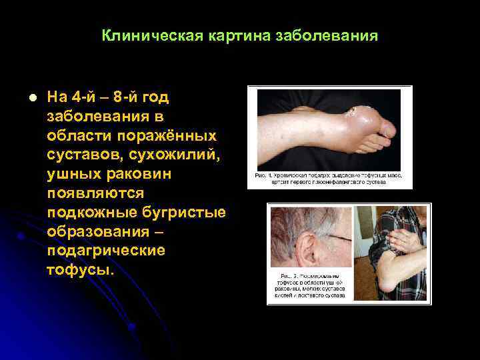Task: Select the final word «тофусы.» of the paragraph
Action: (81, 271)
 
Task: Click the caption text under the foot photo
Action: (329, 178)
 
